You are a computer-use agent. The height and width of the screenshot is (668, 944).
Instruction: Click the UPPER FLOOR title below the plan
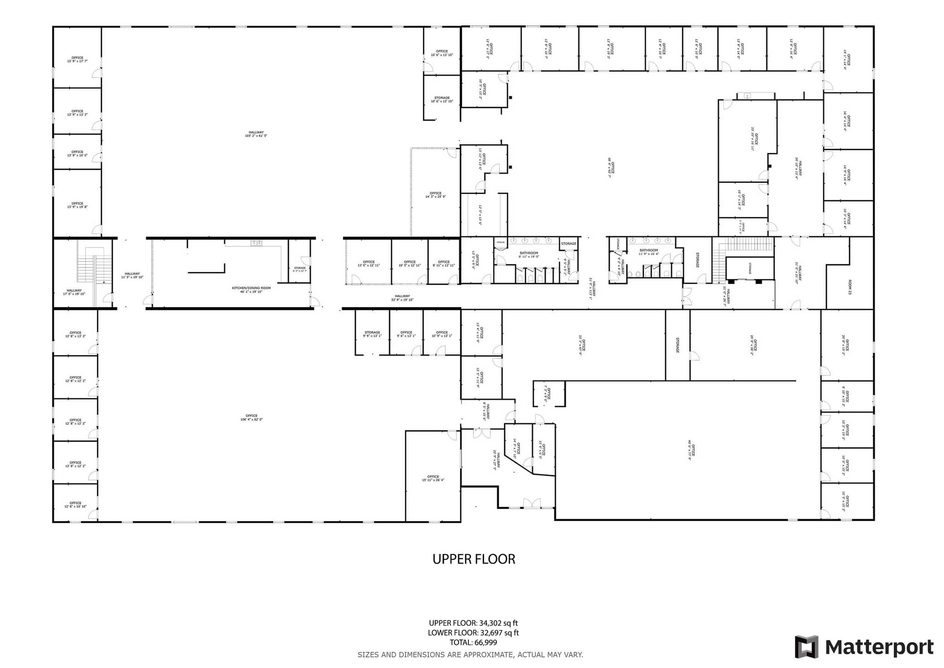pos(473,559)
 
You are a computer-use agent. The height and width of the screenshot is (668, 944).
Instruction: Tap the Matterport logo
pos(864,647)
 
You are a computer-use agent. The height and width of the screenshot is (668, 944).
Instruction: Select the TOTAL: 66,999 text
pos(473,642)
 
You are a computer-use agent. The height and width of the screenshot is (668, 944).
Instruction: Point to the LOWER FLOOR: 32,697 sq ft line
pos(473,633)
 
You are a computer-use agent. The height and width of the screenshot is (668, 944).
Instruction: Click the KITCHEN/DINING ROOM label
pos(251,290)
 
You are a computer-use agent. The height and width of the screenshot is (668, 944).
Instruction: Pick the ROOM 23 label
pos(850,287)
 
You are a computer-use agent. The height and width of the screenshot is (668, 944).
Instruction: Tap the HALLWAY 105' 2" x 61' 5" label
pos(256,134)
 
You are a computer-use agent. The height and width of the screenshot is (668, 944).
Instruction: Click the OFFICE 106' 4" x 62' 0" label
pos(252,417)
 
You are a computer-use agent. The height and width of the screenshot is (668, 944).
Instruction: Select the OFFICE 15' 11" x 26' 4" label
pos(433,478)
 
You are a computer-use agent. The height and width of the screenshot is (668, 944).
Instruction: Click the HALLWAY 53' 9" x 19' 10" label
pos(402,298)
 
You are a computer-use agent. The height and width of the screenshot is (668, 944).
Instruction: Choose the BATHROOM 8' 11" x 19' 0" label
pos(529,255)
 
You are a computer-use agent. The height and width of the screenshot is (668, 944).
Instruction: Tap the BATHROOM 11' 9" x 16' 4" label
pos(649,252)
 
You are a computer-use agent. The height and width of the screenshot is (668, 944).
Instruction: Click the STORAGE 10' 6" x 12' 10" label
pos(442,100)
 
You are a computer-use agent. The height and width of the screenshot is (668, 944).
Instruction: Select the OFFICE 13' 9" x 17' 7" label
pos(77,60)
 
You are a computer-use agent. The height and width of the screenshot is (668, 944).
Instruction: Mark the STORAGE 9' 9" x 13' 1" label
pos(372,334)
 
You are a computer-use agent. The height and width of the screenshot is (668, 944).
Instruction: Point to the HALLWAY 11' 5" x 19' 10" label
pos(132,275)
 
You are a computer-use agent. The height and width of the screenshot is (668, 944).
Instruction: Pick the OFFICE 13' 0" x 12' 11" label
pos(369,264)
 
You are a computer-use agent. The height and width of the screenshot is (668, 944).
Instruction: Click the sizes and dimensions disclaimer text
pos(470,655)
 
